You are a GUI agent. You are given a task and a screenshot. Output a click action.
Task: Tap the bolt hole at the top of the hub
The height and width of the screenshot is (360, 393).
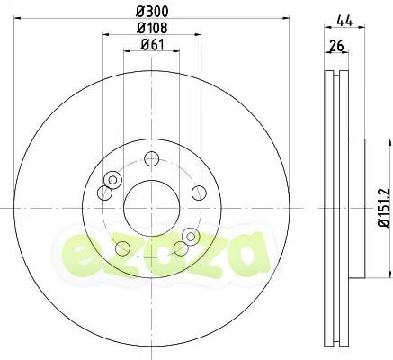151,160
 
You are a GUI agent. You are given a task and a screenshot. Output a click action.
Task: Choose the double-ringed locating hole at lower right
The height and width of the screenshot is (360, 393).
190,237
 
